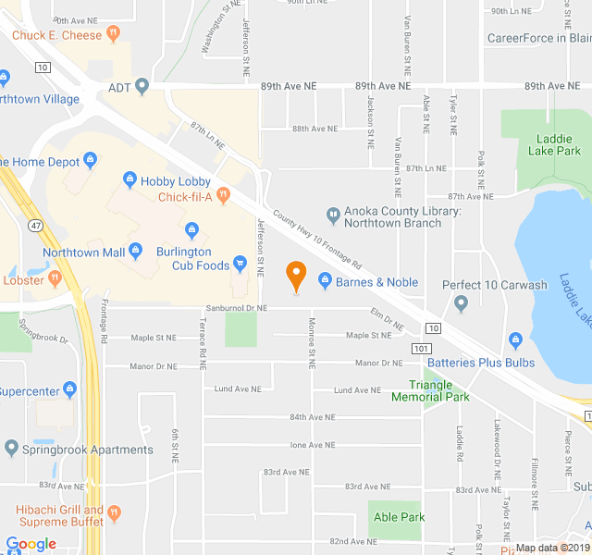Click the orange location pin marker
click(x=296, y=275)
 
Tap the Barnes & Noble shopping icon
click(x=325, y=281)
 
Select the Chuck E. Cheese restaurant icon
click(x=113, y=35)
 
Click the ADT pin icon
click(x=142, y=87)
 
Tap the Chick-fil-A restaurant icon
click(x=223, y=197)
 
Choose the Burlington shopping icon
click(x=192, y=230)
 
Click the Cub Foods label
click(x=200, y=265)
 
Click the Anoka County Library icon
click(x=333, y=213)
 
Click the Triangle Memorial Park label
click(x=430, y=391)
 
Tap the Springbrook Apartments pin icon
click(x=11, y=450)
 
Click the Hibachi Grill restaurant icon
click(x=115, y=511)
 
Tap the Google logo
click(x=31, y=544)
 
